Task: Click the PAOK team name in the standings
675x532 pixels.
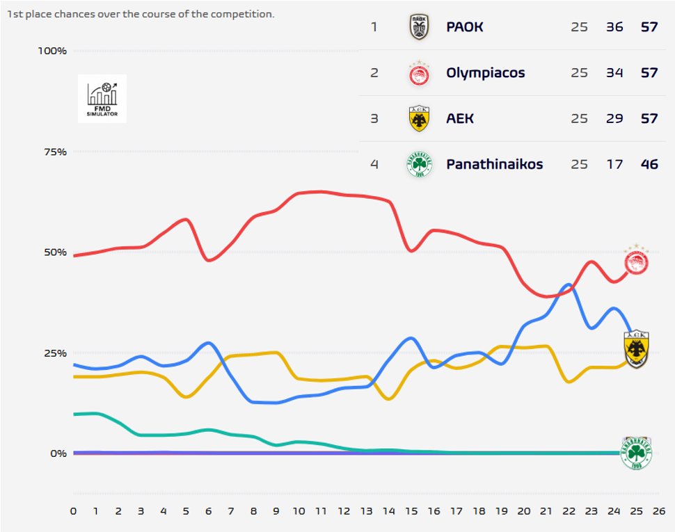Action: [x=464, y=28]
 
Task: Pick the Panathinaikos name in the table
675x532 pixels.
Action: [x=494, y=165]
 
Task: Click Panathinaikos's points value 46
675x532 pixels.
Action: [x=649, y=165]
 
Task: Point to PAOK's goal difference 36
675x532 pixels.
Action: [x=614, y=28]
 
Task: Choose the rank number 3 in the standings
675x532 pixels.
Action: [x=374, y=119]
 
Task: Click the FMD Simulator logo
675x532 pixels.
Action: [x=102, y=99]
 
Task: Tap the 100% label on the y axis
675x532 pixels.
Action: [x=52, y=51]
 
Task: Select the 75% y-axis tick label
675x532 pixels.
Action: [x=54, y=152]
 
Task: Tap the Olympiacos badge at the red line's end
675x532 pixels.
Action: [x=636, y=261]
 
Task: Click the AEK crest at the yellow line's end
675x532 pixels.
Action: [x=637, y=348]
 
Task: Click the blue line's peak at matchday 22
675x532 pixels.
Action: [x=569, y=284]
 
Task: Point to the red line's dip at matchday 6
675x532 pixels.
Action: [x=209, y=260]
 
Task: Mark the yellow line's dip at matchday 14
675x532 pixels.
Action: [x=389, y=398]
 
